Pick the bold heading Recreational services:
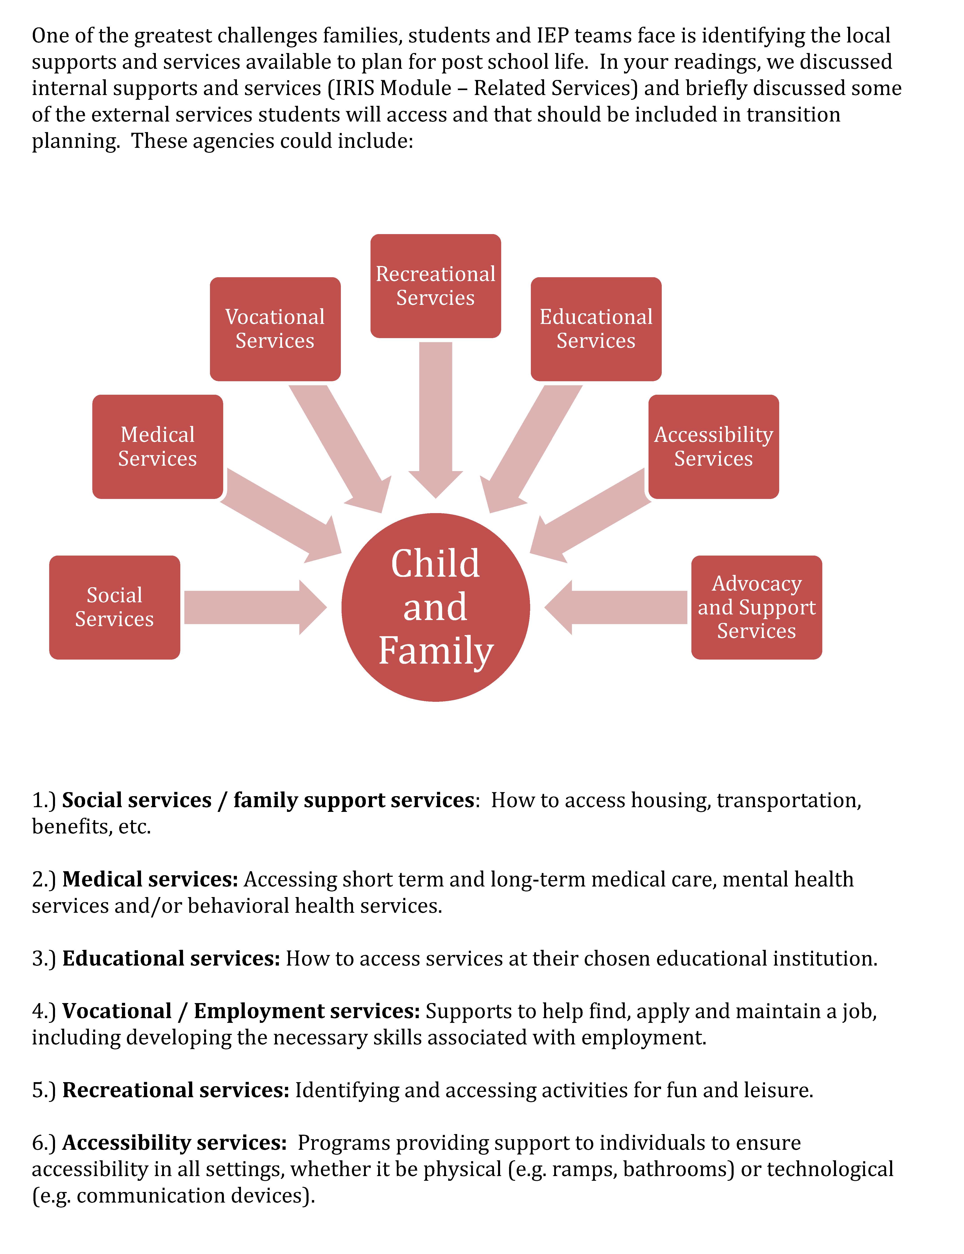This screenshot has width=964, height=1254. (176, 1090)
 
